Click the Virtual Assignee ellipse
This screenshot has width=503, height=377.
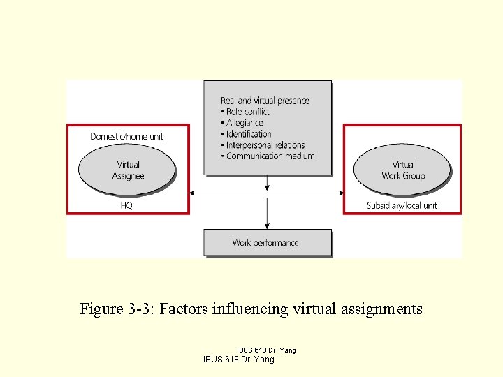tap(126, 170)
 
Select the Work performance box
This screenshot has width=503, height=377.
tap(266, 243)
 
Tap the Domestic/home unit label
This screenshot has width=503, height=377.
tap(126, 136)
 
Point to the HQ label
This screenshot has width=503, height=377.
tap(126, 205)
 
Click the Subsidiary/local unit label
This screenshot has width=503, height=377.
tap(402, 205)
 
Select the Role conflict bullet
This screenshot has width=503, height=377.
tap(247, 112)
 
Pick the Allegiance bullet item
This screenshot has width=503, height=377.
tap(244, 123)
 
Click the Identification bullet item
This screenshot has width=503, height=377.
tap(249, 134)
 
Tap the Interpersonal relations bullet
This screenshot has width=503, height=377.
tap(265, 145)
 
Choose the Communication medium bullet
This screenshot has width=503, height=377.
tap(270, 156)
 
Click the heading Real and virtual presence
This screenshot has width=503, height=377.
tap(265, 101)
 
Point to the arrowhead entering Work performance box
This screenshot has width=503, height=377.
tap(267, 225)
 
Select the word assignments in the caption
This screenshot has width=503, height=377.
tap(382, 309)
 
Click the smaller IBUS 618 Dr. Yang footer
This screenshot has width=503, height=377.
tap(266, 350)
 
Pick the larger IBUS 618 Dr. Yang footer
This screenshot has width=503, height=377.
tap(238, 360)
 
